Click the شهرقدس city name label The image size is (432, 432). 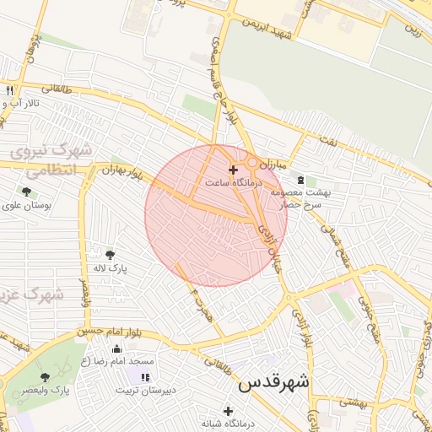click(274, 382)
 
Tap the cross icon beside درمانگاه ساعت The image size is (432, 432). click(233, 170)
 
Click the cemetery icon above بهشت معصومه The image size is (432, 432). click(300, 181)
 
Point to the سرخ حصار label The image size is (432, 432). click(303, 205)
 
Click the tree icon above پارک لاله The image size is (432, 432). click(110, 254)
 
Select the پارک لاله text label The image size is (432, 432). click(109, 267)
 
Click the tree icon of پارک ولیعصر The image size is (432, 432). click(46, 377)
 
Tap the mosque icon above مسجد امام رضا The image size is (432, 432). click(116, 349)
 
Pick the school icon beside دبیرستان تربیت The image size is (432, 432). click(146, 377)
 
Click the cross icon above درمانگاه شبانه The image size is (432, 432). click(228, 410)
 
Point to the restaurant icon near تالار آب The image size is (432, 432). click(9, 90)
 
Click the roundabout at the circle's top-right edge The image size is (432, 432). click(252, 161)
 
